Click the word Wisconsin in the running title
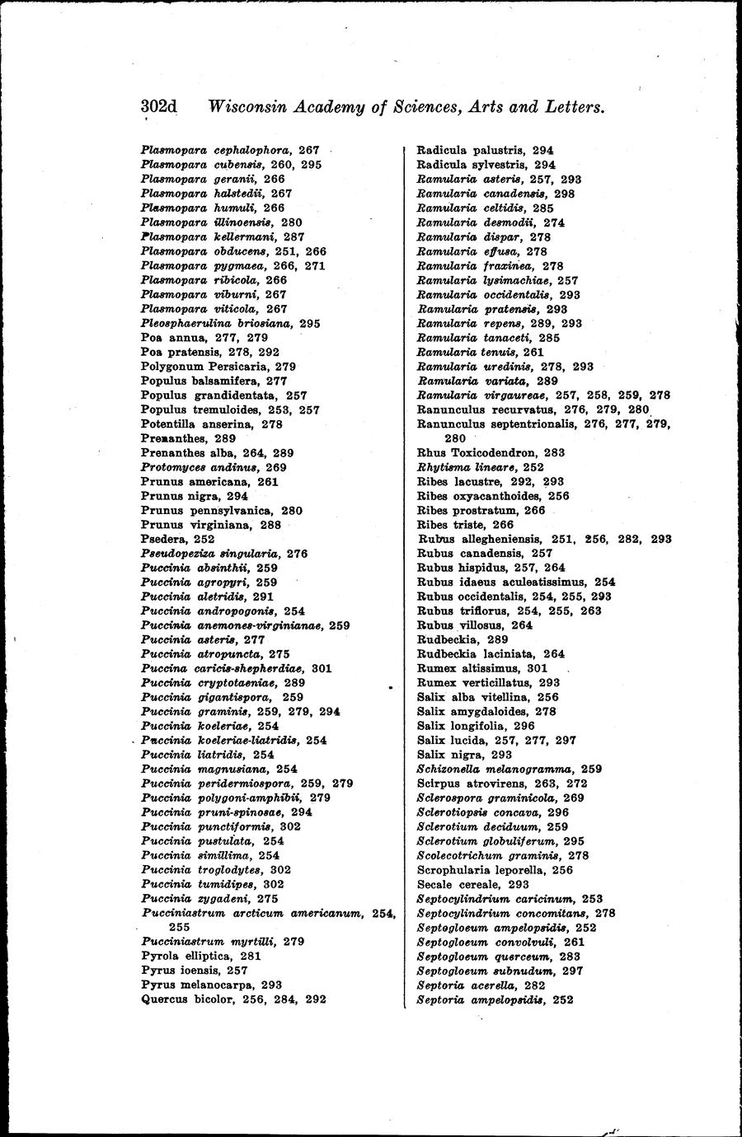pos(247,107)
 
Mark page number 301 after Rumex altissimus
pos(538,668)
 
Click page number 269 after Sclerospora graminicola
pos(574,798)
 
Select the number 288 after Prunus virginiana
pos(270,525)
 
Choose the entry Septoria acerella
pos(467,985)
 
